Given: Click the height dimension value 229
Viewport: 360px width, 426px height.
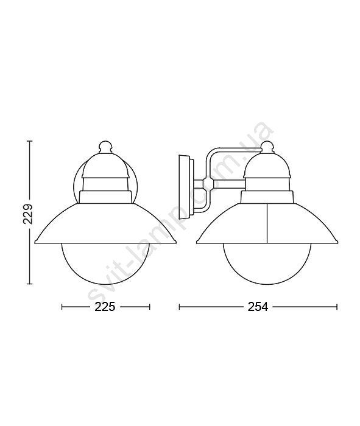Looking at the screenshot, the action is tap(28, 214).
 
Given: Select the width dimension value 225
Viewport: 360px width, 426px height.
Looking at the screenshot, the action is tap(105, 307).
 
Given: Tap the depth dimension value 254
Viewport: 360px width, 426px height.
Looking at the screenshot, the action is tap(258, 307).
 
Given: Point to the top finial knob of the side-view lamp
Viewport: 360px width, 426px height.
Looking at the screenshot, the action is tap(267, 147).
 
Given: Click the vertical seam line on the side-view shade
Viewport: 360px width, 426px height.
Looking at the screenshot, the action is tap(267, 223).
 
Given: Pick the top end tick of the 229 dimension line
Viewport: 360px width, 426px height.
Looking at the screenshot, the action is tap(30, 141).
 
